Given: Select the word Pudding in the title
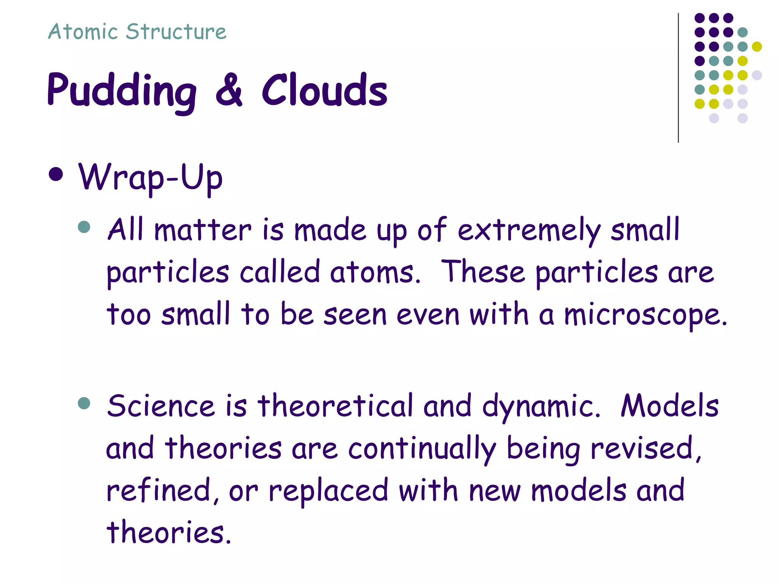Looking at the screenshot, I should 122,91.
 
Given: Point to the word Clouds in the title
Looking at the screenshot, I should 324,90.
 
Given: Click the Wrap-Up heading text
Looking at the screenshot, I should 150,177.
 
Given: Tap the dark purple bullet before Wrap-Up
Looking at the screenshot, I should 56,175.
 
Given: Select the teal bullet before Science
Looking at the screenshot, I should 84,403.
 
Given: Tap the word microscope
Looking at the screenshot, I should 645,315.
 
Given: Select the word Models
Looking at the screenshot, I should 669,406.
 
